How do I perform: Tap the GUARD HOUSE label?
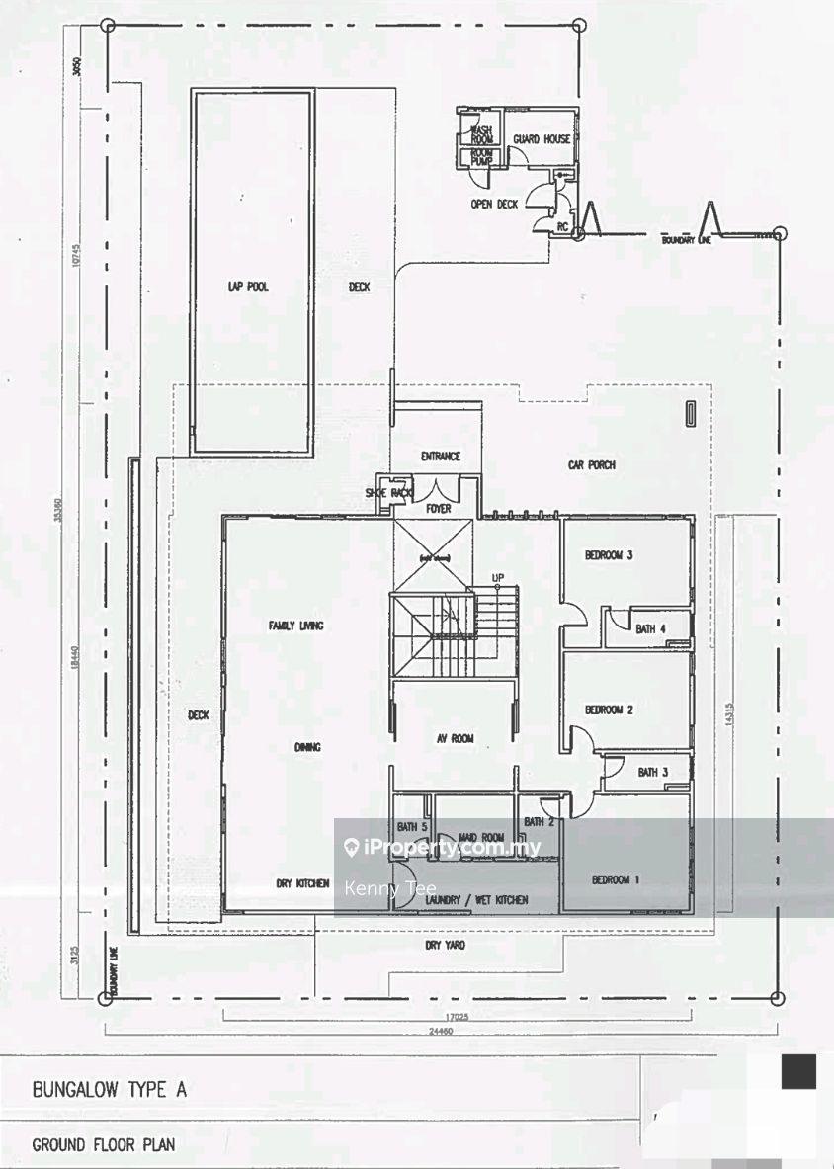coord(542,139)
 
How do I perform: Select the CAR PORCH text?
coord(592,464)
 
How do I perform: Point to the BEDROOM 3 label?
coord(609,555)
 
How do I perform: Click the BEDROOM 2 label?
coord(609,710)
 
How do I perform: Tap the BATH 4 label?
coord(651,628)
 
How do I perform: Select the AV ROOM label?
coord(456,738)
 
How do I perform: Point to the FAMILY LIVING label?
coord(296,626)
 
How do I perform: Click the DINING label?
coord(307,747)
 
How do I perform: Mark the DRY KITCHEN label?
coord(302,884)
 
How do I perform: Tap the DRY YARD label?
coord(445,946)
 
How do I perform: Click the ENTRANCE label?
coord(441,457)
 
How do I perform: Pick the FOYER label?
coord(438,509)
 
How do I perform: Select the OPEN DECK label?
coord(494,205)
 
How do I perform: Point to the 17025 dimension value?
coord(456,1014)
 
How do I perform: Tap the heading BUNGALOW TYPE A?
coord(110,1091)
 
